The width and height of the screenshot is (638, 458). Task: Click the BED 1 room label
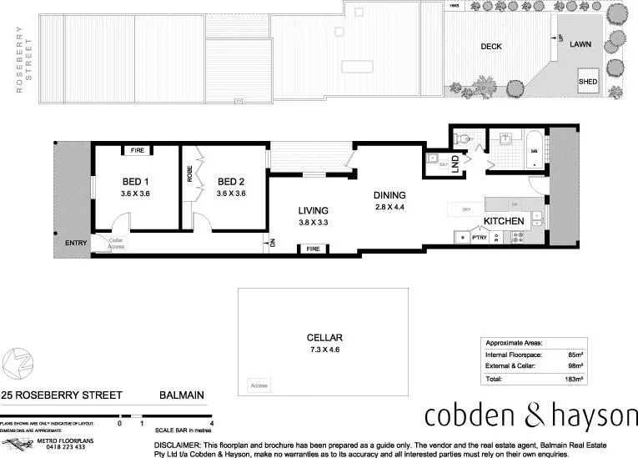pos(134,182)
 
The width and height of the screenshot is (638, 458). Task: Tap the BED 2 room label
pos(230,182)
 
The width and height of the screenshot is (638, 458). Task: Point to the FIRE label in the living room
pos(314,249)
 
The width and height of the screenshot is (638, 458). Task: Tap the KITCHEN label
pos(504,220)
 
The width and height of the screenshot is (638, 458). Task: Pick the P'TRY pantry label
pos(479,238)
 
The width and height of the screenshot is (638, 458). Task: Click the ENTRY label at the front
pos(75,243)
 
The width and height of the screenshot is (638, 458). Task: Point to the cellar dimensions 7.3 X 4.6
pos(324,350)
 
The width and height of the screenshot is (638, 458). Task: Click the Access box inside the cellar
pos(260,386)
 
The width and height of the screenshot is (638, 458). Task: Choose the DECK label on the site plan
pos(491,47)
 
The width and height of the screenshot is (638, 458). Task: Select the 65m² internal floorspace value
pos(575,355)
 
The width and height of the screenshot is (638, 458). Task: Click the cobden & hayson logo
pos(530,415)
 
